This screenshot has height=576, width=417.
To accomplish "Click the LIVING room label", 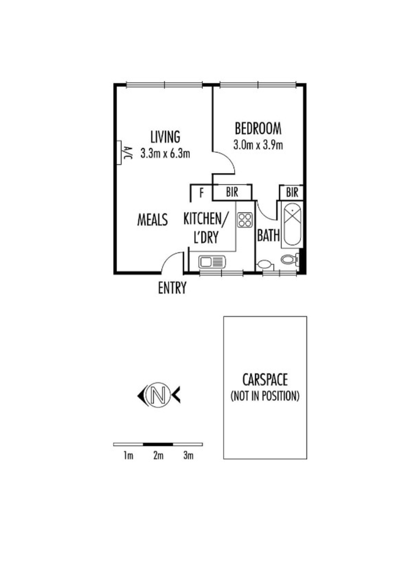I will coord(165,137).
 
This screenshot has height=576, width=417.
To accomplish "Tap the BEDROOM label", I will coord(258,128).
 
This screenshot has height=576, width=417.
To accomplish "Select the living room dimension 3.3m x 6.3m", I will coord(165,154).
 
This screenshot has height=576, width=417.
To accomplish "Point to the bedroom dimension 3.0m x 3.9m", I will coord(259,145).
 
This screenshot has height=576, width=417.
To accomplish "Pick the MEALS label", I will coord(153,220).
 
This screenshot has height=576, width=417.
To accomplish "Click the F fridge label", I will coord(201,193).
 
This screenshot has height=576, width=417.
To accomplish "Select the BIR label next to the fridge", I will coord(232,192).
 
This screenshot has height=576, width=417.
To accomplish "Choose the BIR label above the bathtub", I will coord(292,192).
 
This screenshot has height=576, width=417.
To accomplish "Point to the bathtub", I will coord(292,225).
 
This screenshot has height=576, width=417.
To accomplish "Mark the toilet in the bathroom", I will coord(288,259).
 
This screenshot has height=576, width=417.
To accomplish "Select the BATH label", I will coord(268,236).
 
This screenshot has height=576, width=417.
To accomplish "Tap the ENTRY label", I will coord(172,288).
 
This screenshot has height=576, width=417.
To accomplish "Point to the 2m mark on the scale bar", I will coord(158,455).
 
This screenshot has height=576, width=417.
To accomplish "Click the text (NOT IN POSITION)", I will coord(265,397).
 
